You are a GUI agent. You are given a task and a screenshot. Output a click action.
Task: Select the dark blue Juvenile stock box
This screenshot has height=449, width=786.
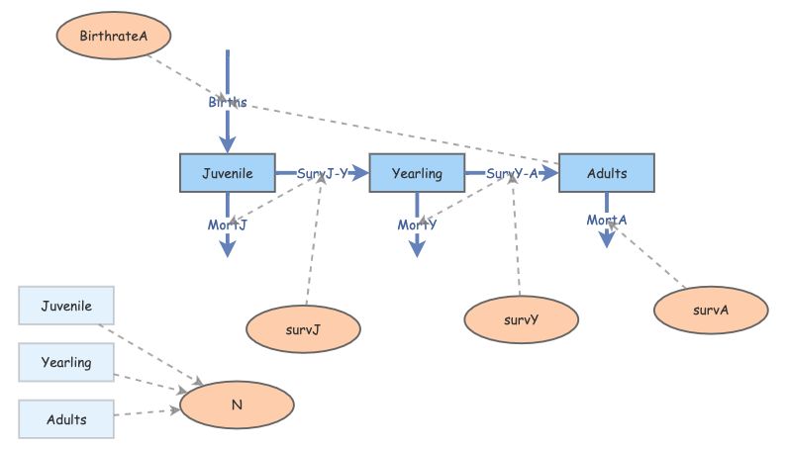coord(227,173)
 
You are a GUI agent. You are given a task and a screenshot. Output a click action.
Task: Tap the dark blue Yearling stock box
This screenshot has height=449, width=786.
coord(416,173)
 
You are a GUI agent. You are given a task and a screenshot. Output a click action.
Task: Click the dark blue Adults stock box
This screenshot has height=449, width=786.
coord(606,173)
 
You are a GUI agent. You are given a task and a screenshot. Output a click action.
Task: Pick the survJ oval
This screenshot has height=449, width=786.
coord(303,330)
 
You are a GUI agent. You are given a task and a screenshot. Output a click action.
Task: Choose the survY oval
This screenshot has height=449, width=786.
coord(521,319)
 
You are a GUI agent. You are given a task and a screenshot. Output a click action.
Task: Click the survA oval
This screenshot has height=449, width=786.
coord(711,310)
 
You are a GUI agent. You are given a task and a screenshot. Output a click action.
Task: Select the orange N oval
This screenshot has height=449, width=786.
coord(237,405)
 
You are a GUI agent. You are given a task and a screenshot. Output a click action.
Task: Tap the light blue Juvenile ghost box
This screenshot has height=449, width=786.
coord(66,307)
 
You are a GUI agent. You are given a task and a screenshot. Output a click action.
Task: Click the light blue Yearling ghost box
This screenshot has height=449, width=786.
coord(66,363)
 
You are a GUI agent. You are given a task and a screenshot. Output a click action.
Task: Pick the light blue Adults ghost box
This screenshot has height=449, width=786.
coord(66,419)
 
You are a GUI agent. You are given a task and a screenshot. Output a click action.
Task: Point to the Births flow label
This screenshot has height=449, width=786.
coord(228,103)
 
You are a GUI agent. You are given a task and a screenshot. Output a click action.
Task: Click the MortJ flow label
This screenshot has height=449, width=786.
coord(228,225)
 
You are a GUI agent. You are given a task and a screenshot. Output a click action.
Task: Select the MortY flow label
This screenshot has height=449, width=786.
coord(417,225)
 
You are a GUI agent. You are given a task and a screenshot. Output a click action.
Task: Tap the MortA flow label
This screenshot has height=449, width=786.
coord(607,219)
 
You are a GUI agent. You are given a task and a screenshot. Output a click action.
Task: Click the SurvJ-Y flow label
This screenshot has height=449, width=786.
coord(323,173)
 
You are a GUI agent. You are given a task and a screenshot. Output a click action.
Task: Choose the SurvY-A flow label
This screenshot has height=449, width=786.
coord(513,173)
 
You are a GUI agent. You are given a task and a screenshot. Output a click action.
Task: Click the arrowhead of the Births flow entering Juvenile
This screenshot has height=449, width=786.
coord(228,144)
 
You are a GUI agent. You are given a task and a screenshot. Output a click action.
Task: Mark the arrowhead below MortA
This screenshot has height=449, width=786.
coord(607,239)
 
